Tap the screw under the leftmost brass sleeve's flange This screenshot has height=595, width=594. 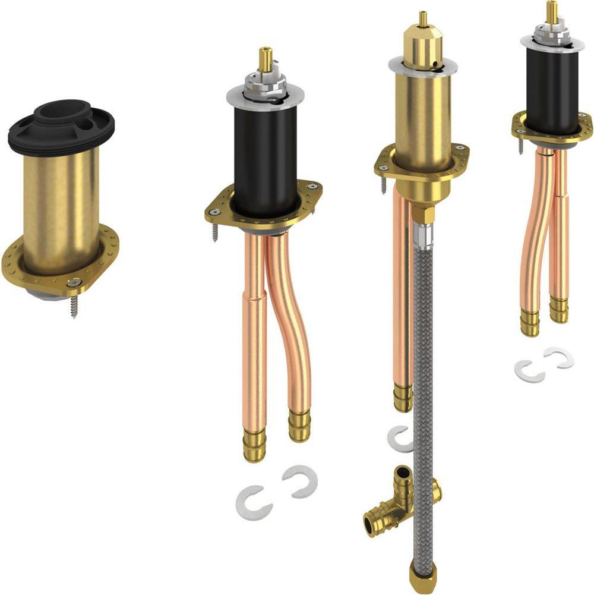74,306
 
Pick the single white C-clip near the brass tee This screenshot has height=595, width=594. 399,439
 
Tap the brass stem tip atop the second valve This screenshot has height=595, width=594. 266,59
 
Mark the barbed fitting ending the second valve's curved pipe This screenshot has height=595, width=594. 299,424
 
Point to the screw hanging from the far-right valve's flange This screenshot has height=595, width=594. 521,145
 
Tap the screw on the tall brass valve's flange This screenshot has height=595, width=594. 383,184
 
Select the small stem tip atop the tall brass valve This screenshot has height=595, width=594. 423,19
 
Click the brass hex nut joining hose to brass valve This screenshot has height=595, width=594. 422,214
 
